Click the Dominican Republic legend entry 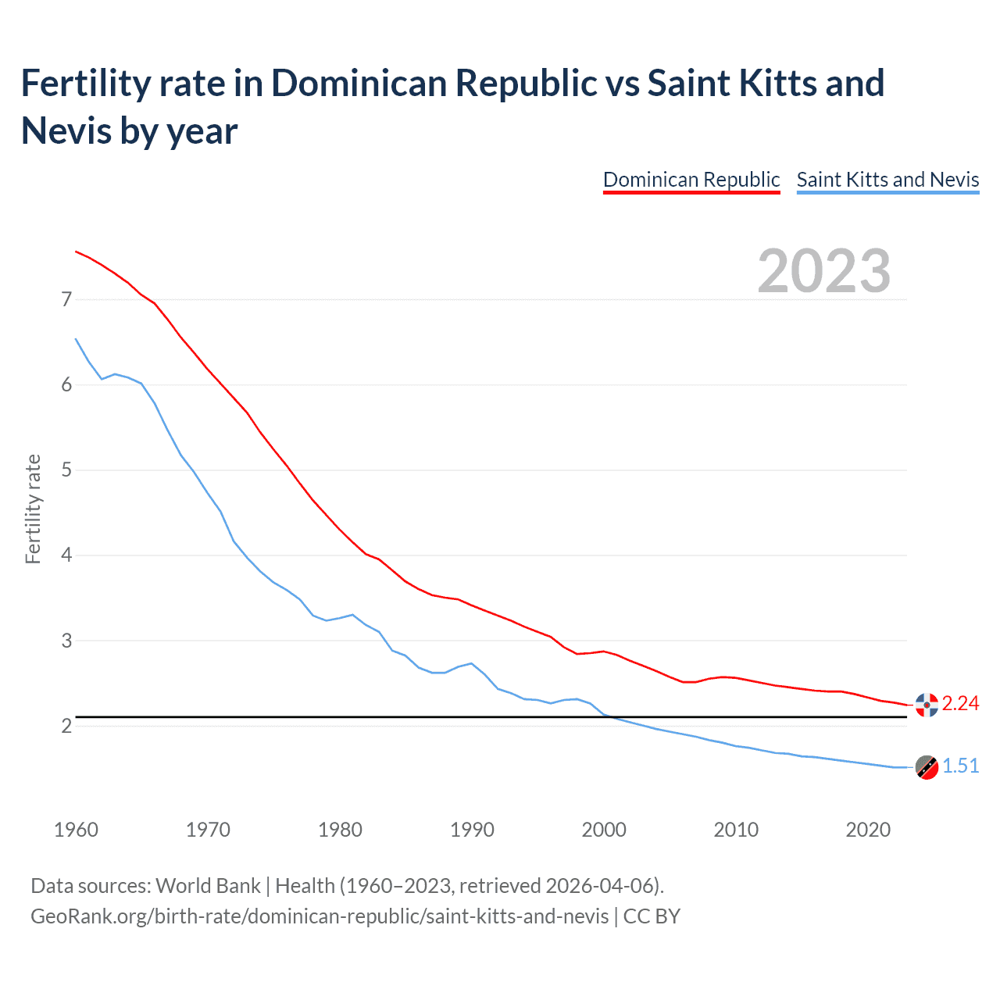(691, 180)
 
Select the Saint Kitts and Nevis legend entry (887, 180)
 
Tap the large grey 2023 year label (824, 271)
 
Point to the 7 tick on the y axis (66, 299)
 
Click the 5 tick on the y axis (66, 470)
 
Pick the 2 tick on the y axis (66, 727)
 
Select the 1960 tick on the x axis (76, 830)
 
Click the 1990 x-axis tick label (472, 830)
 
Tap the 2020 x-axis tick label (868, 830)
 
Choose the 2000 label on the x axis (604, 830)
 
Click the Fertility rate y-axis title (33, 509)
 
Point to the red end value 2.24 (960, 704)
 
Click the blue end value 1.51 (960, 766)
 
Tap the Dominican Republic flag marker (927, 705)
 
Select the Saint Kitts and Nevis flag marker (927, 767)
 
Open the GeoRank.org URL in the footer (320, 916)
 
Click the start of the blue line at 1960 (76, 339)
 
